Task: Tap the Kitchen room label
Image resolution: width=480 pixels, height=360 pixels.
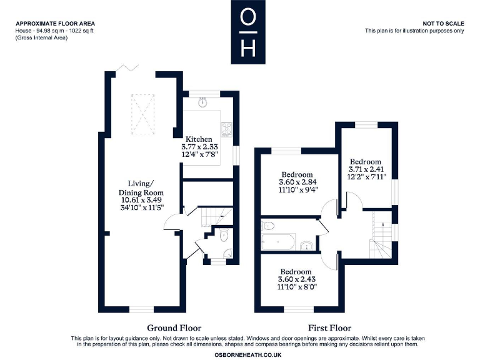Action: (198, 139)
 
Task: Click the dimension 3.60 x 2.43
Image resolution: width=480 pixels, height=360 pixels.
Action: (296, 280)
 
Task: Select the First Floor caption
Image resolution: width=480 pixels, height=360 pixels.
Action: (329, 327)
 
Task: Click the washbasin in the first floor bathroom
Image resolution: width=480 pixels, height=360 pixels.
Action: (307, 244)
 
